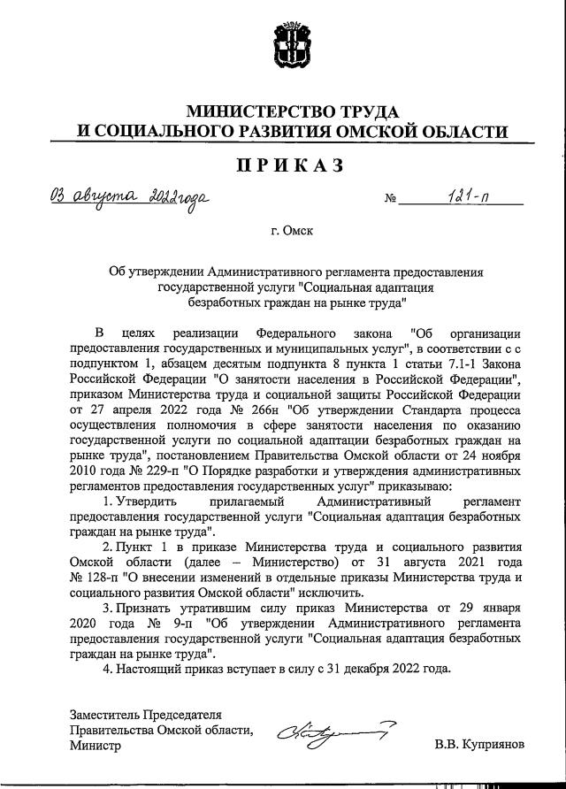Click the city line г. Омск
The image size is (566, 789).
(x=292, y=232)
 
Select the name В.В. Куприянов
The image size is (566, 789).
(x=479, y=746)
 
